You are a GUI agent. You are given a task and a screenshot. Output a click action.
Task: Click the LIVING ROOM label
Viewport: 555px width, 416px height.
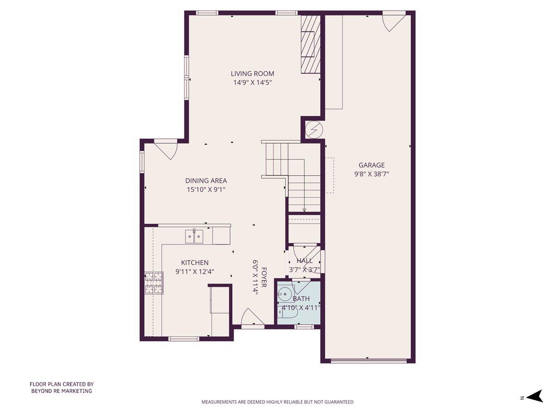point(252,73)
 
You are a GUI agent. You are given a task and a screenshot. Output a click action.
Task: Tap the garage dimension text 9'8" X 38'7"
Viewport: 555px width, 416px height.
point(371,174)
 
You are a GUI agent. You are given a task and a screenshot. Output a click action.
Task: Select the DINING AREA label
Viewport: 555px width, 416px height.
point(206,181)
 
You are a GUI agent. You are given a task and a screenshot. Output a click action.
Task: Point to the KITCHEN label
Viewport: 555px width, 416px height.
point(194,263)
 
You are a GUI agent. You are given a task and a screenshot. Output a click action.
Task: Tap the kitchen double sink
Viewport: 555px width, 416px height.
point(194,237)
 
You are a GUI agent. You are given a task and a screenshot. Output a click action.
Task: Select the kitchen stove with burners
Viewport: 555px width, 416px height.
point(154,282)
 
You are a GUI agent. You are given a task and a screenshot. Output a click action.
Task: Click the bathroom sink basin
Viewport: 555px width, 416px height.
point(285,293)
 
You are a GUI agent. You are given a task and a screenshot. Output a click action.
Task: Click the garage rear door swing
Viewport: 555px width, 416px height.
point(393,21)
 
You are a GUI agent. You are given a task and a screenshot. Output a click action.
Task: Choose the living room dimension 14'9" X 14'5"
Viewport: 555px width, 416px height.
point(252,83)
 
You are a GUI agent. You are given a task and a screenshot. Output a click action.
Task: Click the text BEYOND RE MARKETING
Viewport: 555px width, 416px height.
point(62,391)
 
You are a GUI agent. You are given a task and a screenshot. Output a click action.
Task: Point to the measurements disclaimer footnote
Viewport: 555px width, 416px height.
point(277,402)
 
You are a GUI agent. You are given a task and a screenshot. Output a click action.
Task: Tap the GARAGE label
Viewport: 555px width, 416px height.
point(371,165)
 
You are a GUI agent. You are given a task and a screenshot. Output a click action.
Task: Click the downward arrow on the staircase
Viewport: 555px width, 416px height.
point(304,209)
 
